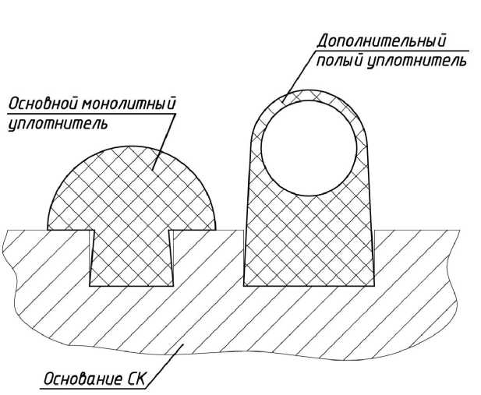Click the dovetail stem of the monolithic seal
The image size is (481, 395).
[x=130, y=257]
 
